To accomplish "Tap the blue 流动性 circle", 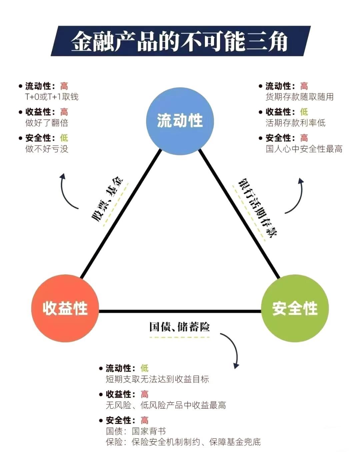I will tap(180, 121).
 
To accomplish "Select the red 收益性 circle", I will tap(65, 308).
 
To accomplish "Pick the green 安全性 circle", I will tap(295, 308).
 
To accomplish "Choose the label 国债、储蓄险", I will tap(179, 327).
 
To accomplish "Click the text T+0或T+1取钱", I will tap(52, 97).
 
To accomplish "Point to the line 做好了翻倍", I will tap(47, 123).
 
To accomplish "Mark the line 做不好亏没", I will tap(47, 149).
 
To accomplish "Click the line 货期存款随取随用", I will tap(299, 97).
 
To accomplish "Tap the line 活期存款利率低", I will tap(295, 123).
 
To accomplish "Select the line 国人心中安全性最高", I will tap(304, 149).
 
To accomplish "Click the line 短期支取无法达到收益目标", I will tap(157, 379).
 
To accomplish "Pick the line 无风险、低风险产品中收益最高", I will tap(166, 405).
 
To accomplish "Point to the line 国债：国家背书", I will tap(136, 431).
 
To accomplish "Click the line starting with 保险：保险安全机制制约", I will tap(183, 442).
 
